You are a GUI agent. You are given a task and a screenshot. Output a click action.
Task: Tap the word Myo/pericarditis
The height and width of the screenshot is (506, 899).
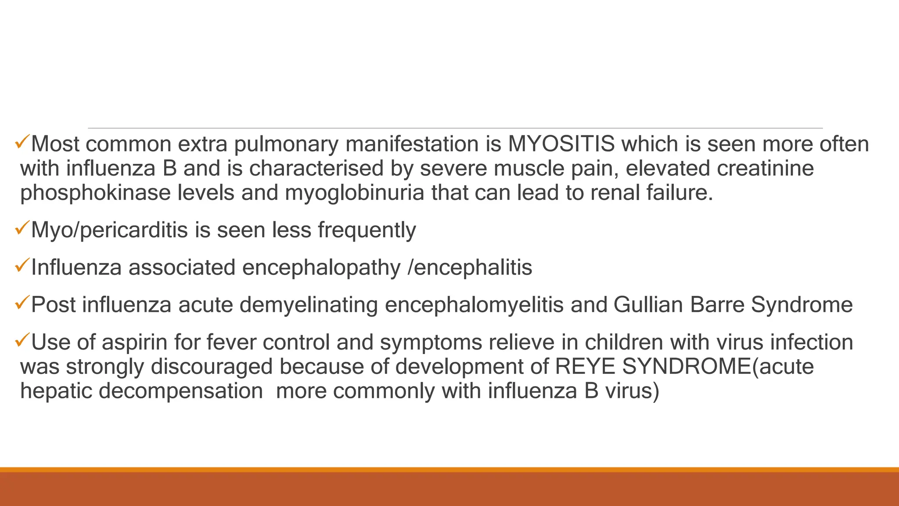(x=109, y=230)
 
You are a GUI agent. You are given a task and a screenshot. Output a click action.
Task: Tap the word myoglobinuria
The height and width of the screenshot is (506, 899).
(x=354, y=193)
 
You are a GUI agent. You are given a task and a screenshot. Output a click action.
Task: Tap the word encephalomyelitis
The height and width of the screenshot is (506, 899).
(x=474, y=305)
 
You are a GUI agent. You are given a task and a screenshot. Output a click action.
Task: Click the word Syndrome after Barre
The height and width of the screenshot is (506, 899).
(x=802, y=305)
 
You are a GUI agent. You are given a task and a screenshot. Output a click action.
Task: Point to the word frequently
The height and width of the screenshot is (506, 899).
(x=367, y=230)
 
